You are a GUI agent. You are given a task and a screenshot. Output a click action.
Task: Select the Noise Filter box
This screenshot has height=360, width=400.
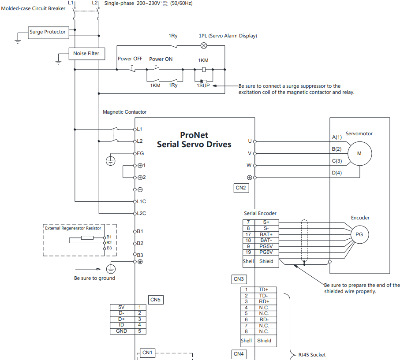tap(87, 54)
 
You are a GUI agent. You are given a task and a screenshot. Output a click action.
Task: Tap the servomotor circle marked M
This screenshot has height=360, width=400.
tap(360, 153)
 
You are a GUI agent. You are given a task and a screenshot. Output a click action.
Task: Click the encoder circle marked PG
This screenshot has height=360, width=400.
tap(359, 234)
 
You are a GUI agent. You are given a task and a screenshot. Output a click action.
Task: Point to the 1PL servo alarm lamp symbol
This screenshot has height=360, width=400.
tap(204, 46)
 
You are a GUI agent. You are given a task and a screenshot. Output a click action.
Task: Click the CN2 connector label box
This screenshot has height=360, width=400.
tap(241, 188)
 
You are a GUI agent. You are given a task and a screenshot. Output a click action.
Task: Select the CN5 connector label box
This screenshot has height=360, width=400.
tap(156, 300)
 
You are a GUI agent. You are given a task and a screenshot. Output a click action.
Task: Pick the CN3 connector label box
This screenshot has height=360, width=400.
tap(239, 279)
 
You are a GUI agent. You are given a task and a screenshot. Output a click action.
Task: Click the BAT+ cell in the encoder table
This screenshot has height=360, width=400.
tap(266, 234)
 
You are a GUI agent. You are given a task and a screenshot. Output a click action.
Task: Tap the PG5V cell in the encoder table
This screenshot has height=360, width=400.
tap(266, 247)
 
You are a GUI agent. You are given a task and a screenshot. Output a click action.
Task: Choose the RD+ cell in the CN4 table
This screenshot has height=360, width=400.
tap(264, 301)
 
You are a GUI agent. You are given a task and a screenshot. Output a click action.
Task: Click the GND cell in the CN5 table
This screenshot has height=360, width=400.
tap(122, 331)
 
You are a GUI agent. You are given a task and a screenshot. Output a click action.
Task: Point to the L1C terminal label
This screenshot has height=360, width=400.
tap(141, 201)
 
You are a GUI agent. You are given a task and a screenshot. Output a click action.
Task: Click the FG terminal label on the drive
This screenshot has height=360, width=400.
tap(140, 153)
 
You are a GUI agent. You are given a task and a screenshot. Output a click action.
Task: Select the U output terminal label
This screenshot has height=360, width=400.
tap(250, 141)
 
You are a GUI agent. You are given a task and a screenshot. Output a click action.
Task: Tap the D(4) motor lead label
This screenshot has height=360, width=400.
tap(337, 173)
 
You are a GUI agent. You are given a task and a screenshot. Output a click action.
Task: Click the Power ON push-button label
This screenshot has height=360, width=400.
tap(161, 59)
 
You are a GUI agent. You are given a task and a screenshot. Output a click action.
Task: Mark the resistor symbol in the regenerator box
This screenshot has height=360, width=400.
tap(87, 238)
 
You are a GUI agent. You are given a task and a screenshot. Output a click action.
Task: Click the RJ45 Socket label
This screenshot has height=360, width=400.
tap(312, 355)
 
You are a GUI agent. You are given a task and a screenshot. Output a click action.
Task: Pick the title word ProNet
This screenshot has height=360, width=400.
tap(194, 135)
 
